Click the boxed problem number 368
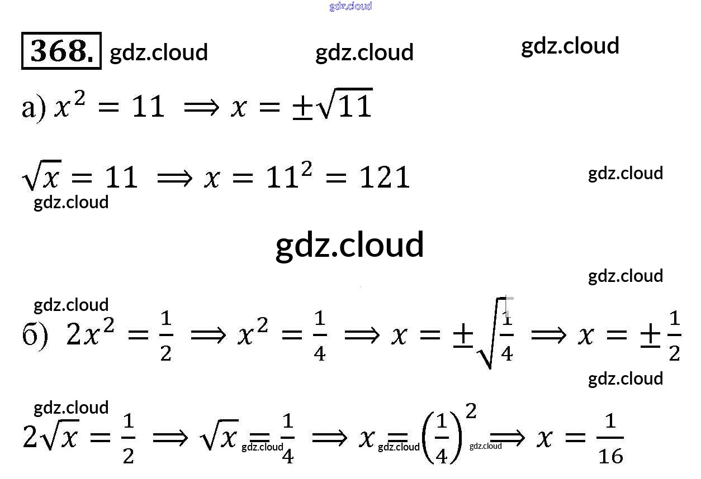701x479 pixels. (61, 51)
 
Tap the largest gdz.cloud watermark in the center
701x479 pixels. (350, 245)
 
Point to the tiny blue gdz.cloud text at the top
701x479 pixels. (350, 6)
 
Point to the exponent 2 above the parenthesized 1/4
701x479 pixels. (471, 411)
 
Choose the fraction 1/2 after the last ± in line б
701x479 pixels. (675, 336)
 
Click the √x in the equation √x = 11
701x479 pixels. (41, 178)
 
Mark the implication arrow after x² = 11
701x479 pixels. (203, 107)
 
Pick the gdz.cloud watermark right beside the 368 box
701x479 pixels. (159, 52)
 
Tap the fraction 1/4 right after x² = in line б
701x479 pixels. (319, 336)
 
